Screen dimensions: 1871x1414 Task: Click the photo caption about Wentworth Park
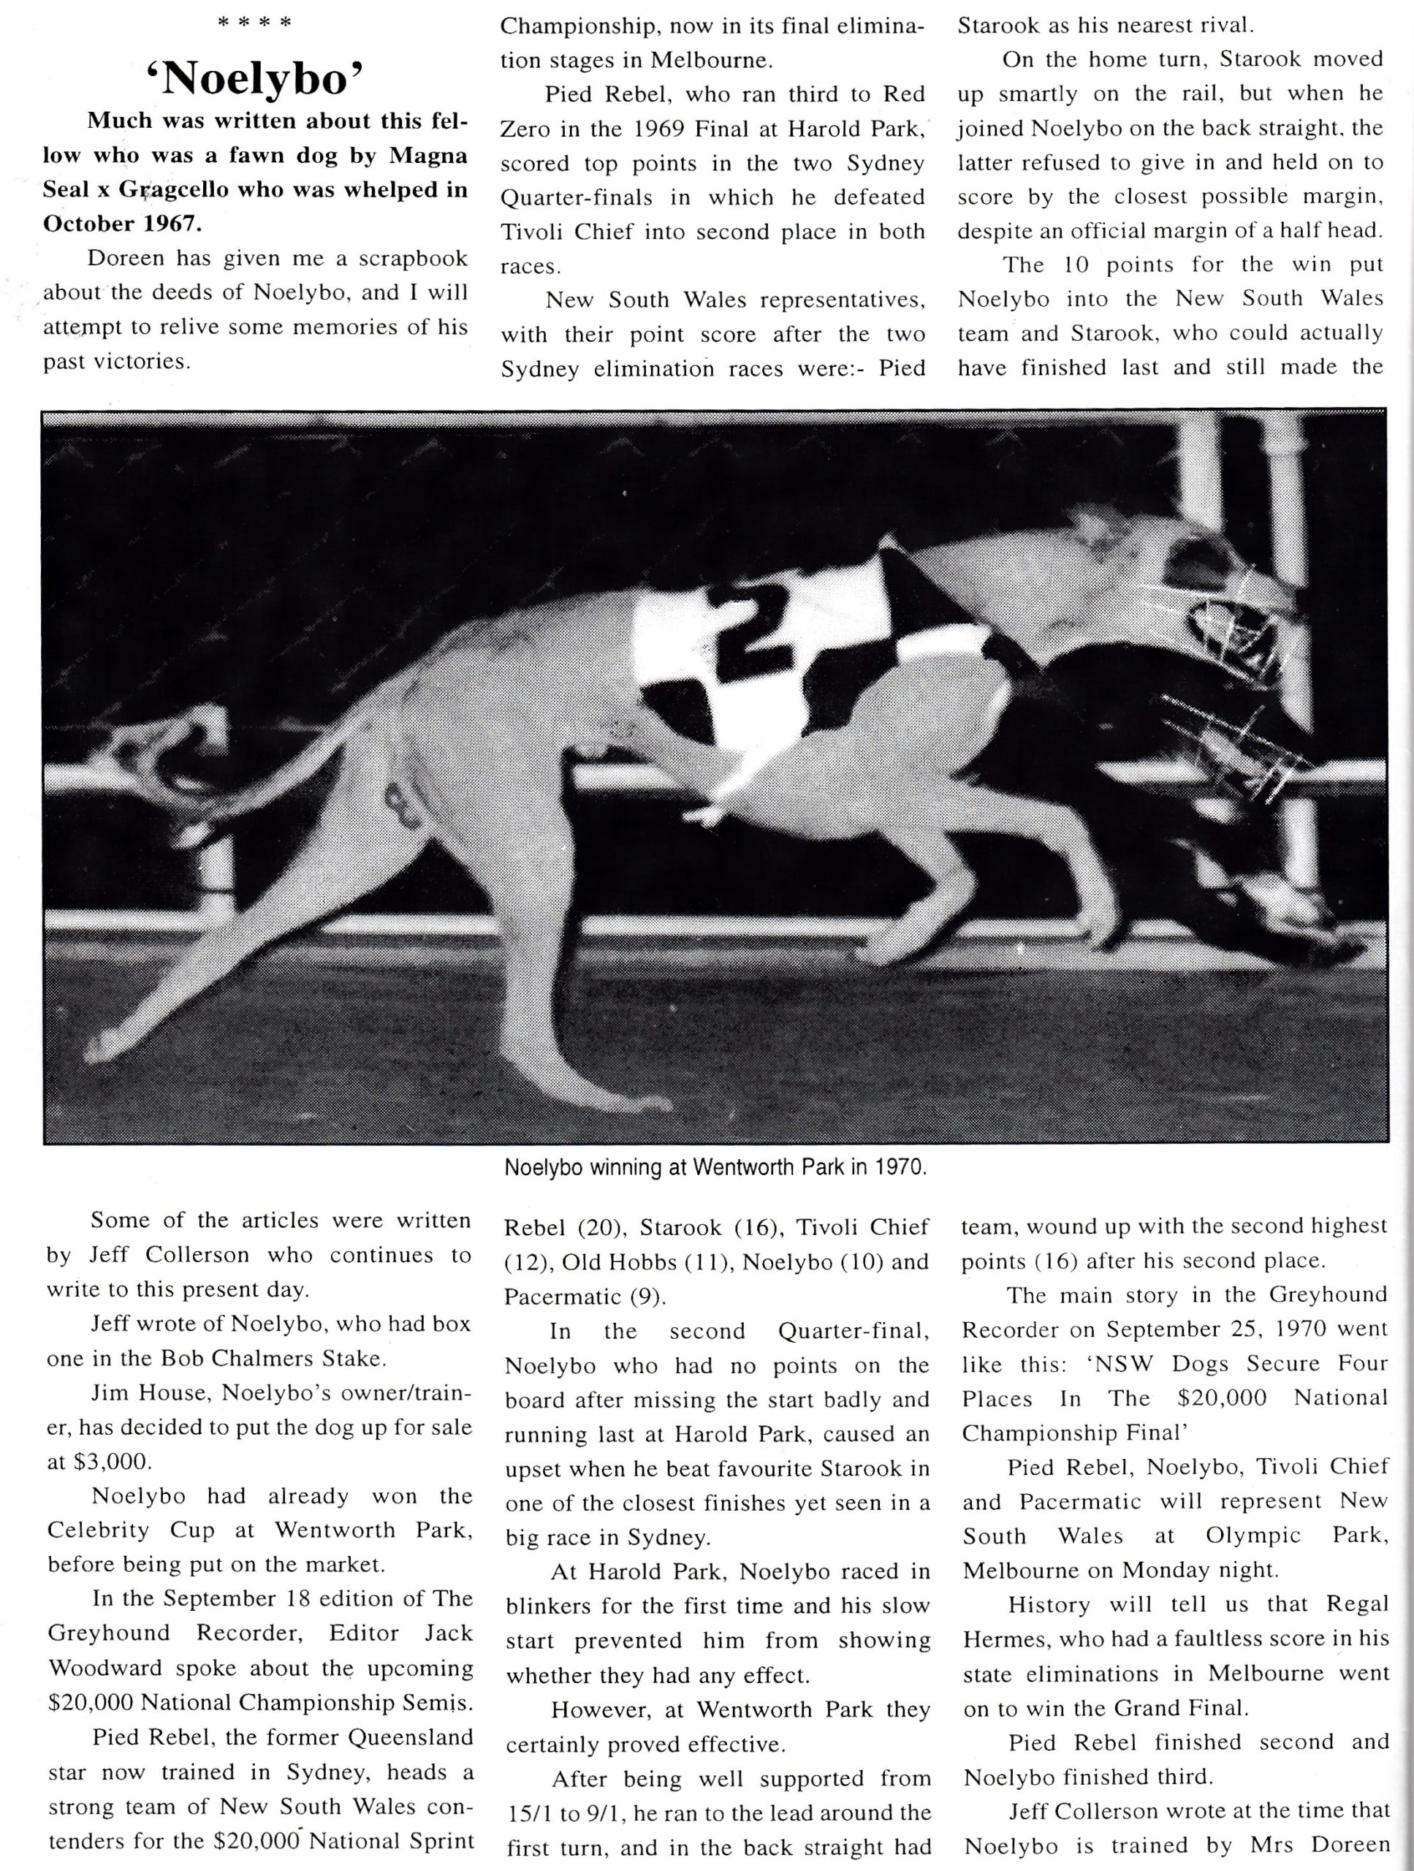click(715, 1168)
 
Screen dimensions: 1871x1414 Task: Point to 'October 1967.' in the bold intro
click(123, 224)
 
